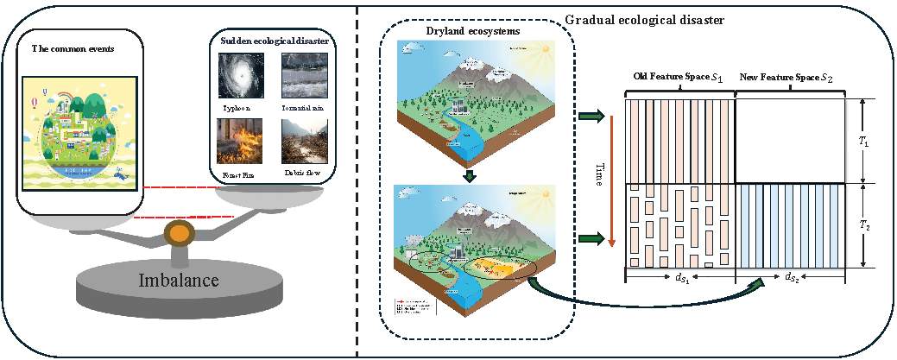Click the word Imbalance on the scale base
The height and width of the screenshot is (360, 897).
[180, 280]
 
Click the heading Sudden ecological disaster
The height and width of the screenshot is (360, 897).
[273, 41]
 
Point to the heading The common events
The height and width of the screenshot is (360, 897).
[73, 47]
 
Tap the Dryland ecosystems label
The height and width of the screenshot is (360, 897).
[466, 32]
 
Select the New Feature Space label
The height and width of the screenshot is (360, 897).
[788, 78]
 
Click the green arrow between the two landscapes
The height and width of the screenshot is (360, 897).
[467, 177]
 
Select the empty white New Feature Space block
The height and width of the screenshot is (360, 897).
[788, 140]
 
